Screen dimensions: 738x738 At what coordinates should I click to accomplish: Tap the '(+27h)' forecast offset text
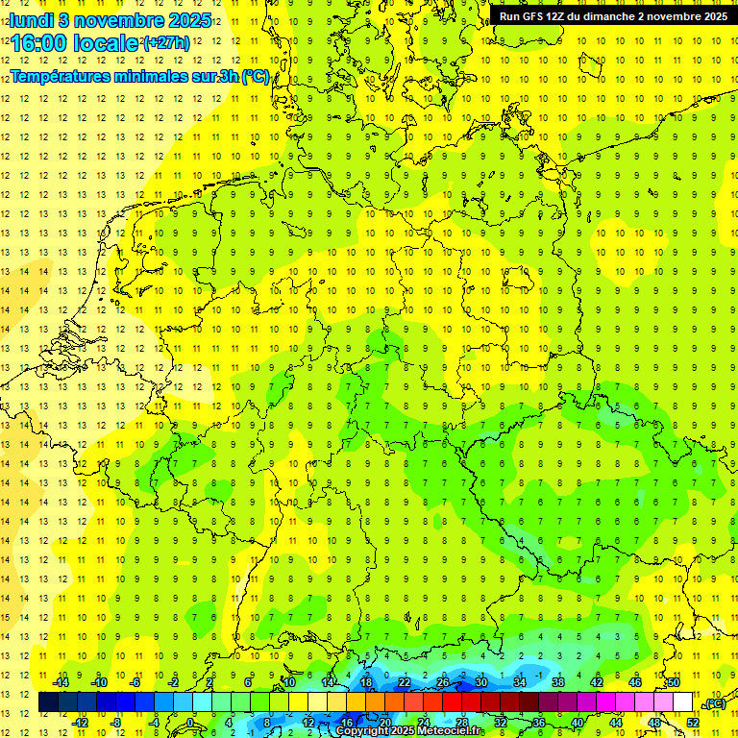[x=167, y=43]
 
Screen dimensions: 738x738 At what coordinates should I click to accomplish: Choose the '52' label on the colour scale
[x=692, y=723]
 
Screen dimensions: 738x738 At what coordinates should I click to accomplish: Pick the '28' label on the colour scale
[x=462, y=723]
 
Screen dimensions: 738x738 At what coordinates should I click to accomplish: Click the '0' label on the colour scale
[x=189, y=723]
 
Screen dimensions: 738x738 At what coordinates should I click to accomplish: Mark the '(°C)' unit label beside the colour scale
[x=715, y=703]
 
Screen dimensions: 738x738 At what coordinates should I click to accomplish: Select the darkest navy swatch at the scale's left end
[x=48, y=702]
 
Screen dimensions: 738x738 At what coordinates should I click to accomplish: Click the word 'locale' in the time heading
[x=105, y=44]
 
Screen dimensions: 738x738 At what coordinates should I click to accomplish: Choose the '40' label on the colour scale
[x=577, y=723]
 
